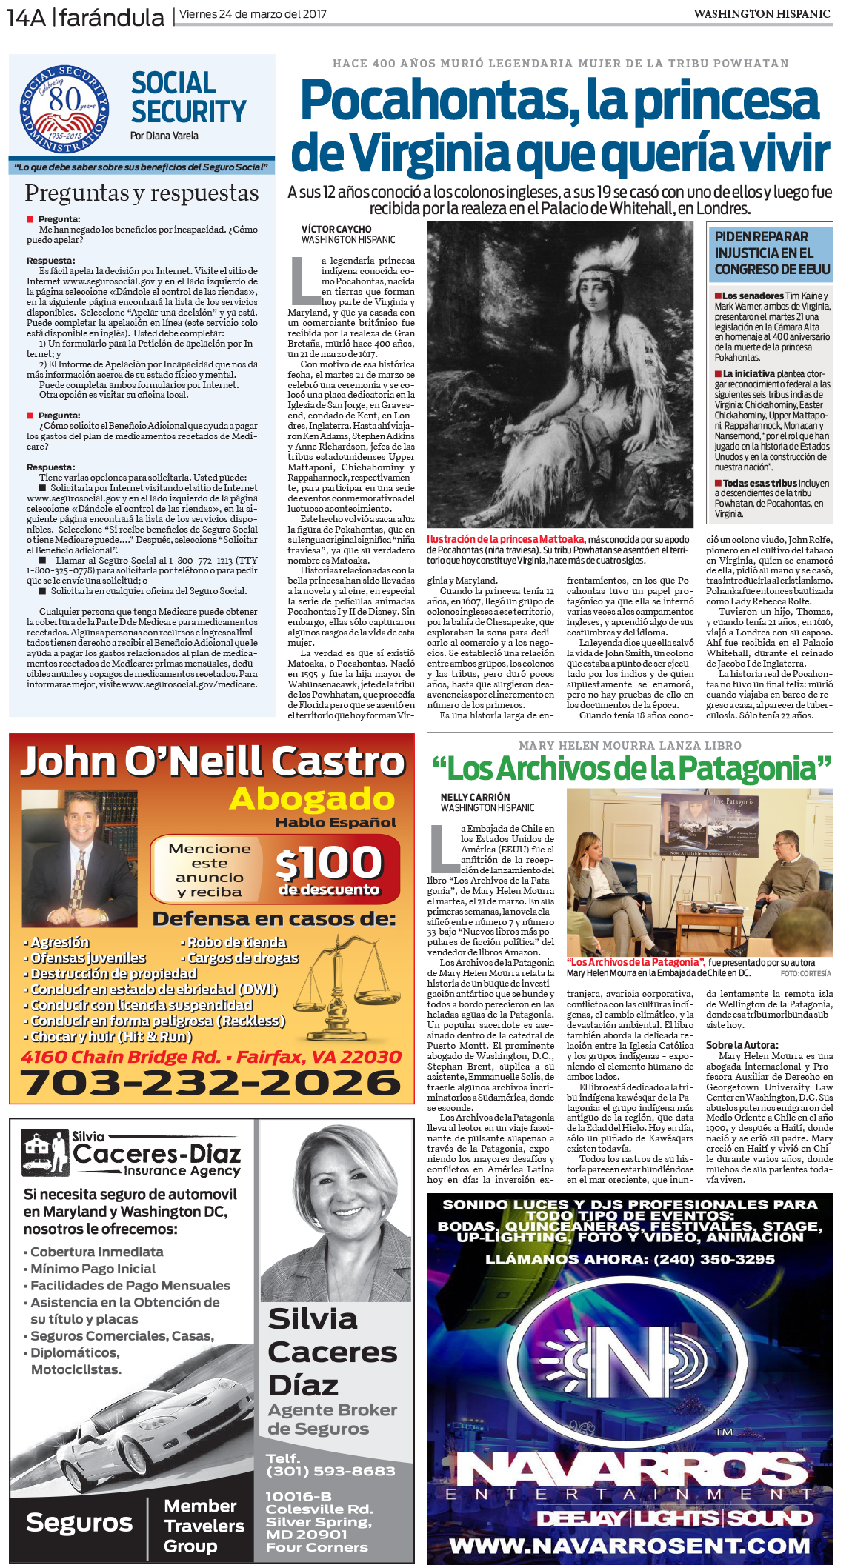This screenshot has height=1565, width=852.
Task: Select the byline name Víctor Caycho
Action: coord(336,229)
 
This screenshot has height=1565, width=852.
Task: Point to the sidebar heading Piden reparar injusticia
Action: coord(771,253)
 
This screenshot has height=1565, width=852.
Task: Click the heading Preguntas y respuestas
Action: coord(142,193)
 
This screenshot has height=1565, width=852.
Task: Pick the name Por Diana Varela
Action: coord(164,136)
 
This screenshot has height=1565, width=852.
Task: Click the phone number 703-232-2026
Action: coord(211,1083)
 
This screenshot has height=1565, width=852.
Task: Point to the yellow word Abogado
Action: coord(312,798)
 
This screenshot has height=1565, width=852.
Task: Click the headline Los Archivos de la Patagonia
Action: coord(631,768)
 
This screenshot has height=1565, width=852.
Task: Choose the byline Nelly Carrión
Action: coord(475,797)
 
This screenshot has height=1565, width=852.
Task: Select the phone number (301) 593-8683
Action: coord(330,1471)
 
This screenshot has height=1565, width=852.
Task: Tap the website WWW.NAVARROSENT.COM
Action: coord(629,1546)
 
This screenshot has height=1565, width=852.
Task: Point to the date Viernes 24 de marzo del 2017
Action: coord(253,13)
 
